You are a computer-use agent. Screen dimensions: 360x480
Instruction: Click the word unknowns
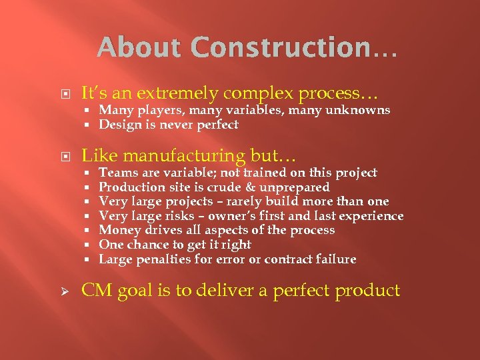point(361,110)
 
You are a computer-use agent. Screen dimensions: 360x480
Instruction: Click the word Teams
point(116,173)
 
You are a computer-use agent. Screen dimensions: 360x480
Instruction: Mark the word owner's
point(235,216)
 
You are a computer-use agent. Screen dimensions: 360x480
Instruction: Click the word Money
point(117,230)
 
